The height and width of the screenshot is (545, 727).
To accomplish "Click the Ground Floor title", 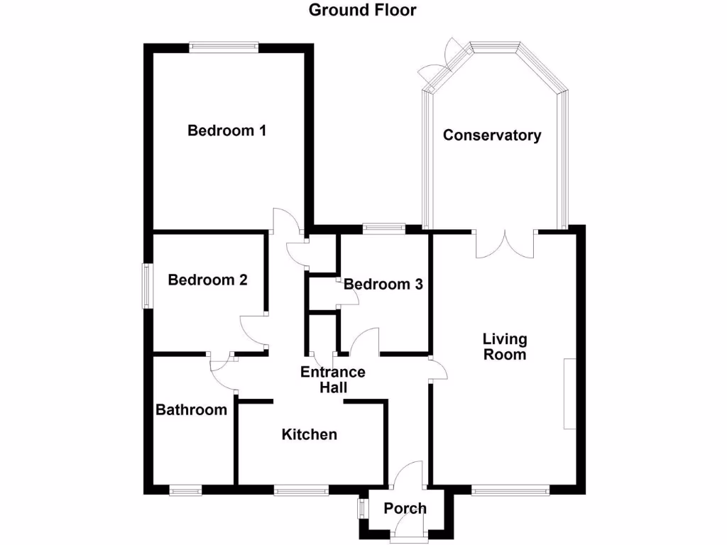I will [x=362, y=10].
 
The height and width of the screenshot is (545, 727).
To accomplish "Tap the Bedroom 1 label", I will [x=226, y=131].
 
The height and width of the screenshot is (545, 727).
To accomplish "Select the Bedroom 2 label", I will [x=207, y=280].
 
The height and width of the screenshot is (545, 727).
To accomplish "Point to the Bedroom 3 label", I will [x=383, y=285].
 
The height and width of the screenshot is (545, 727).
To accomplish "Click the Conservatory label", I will [x=492, y=136].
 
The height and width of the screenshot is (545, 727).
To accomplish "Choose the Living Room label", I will [x=505, y=346].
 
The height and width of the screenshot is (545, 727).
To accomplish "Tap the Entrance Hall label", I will [x=333, y=380].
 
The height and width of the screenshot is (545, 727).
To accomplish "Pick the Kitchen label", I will [x=310, y=434].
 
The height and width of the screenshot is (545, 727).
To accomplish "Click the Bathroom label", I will [x=192, y=409].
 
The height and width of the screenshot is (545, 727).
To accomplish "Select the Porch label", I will [x=405, y=508].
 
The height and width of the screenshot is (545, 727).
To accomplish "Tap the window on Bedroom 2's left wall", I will [x=146, y=286].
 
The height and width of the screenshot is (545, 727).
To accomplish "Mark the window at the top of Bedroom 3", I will [x=383, y=229].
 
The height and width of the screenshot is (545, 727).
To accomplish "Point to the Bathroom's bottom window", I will [x=185, y=490].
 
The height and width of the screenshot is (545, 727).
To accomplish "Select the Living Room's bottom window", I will [x=510, y=490].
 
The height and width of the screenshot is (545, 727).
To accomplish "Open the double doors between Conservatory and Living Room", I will [x=505, y=243].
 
